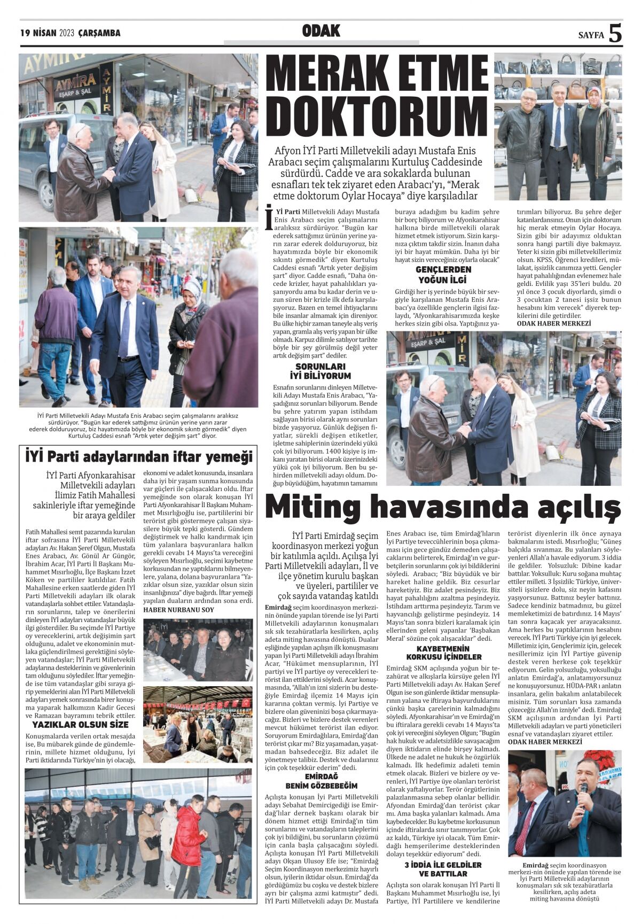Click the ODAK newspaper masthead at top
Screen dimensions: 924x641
321,31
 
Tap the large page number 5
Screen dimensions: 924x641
616,34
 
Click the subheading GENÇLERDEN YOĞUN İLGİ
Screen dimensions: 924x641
443,274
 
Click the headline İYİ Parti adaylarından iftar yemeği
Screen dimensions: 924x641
138,457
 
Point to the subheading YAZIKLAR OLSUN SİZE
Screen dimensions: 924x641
81,724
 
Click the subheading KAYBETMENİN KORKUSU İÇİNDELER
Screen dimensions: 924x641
443,652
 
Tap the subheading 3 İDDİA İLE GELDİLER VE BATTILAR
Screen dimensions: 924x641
443,868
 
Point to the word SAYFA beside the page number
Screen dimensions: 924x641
591,35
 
